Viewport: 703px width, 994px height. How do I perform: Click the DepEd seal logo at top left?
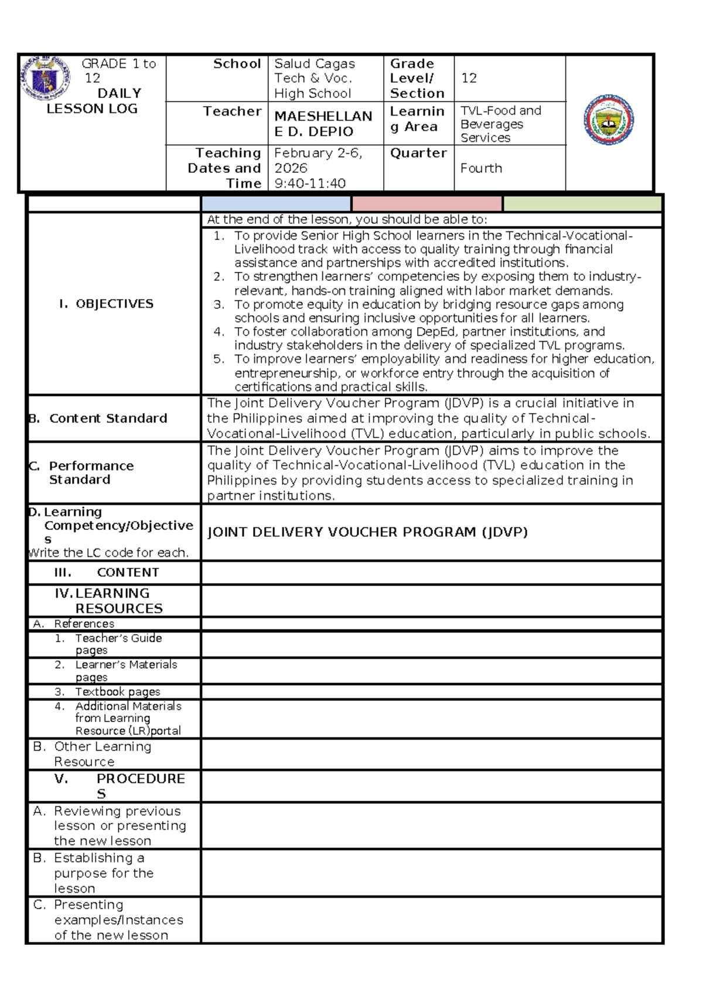tap(46, 79)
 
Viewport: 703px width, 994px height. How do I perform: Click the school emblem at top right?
tap(609, 120)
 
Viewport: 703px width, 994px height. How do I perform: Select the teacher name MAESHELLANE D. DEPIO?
tap(323, 124)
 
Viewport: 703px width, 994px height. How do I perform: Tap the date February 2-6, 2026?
tap(318, 160)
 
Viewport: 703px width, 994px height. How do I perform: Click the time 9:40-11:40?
tap(310, 183)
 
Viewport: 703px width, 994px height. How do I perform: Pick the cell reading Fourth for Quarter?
tap(481, 168)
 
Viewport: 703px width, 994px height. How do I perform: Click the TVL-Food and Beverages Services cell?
tap(500, 124)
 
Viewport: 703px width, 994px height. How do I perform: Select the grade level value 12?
tap(469, 78)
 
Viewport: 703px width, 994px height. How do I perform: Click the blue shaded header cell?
tap(276, 203)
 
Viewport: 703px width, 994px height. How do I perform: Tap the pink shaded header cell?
tap(427, 203)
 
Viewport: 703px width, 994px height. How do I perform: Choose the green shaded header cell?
tap(582, 203)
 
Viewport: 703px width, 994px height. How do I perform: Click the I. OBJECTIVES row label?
tap(106, 304)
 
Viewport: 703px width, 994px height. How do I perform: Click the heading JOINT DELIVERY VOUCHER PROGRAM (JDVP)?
tap(367, 532)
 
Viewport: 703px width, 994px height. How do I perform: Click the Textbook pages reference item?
tap(117, 692)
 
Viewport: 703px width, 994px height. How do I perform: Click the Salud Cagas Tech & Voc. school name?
tap(314, 78)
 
